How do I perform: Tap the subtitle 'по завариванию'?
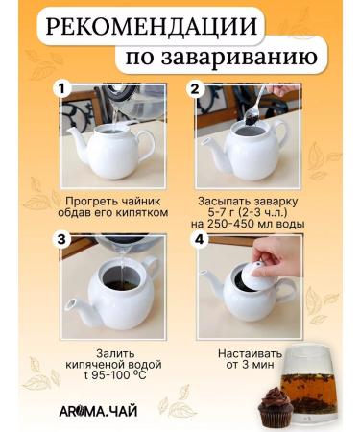pyautogui.click(x=218, y=60)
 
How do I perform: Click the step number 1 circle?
pyautogui.click(x=64, y=88)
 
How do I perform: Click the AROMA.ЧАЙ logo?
pyautogui.click(x=104, y=412)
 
